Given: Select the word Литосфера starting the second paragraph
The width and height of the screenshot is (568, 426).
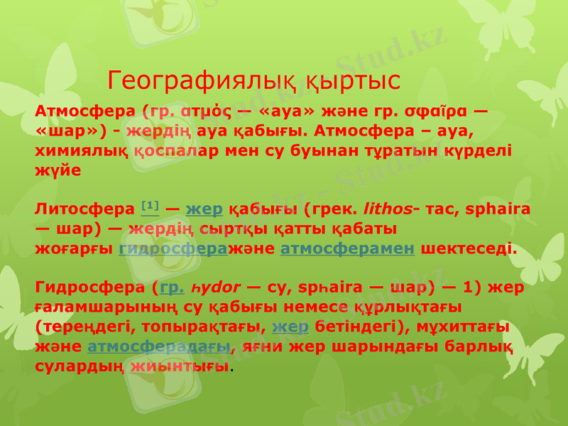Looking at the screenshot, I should (x=84, y=210).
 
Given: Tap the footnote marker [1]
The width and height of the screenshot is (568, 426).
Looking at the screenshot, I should (x=150, y=206).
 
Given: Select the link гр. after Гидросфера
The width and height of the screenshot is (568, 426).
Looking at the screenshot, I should (x=173, y=288).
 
